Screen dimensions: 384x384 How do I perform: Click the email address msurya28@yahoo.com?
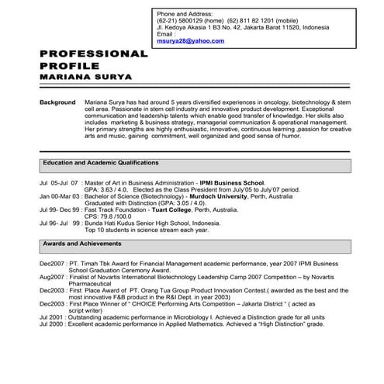pyautogui.click(x=185, y=40)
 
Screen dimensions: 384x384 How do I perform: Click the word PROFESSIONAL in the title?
pyautogui.click(x=93, y=54)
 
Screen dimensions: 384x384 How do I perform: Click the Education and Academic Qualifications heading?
pyautogui.click(x=101, y=164)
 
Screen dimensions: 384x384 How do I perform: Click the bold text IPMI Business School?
pyautogui.click(x=231, y=182)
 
